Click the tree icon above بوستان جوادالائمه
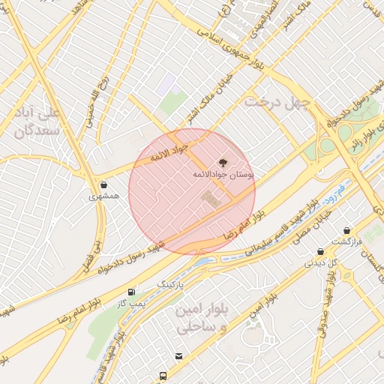(x=222, y=162)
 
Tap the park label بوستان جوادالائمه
(x=223, y=174)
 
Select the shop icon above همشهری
(x=103, y=184)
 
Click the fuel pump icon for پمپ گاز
(x=132, y=292)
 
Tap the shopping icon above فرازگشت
(x=346, y=231)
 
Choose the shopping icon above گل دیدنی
(x=320, y=252)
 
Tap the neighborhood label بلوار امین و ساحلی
(x=199, y=319)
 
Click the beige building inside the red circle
(x=211, y=199)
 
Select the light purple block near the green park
(x=166, y=85)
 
